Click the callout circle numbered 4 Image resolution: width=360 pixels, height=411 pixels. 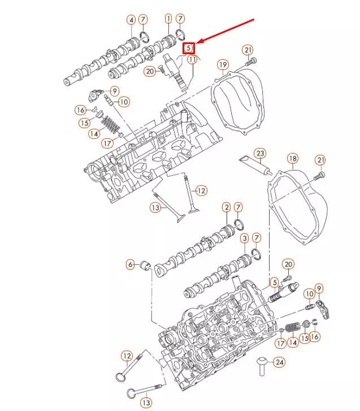click(131, 20)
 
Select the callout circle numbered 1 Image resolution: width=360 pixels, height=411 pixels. click(168, 19)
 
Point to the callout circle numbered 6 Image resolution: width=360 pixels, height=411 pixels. click(130, 264)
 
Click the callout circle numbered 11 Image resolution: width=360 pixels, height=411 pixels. click(193, 59)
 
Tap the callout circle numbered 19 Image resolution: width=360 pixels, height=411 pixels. click(223, 64)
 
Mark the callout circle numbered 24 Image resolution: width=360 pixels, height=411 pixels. click(279, 362)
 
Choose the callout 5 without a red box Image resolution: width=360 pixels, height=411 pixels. click(274, 282)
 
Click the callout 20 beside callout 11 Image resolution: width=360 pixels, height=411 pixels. click(150, 71)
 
